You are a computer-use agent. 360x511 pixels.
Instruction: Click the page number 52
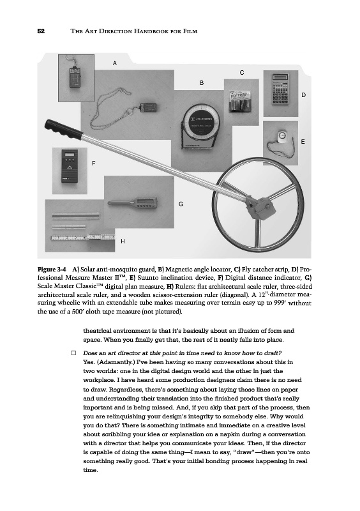click(x=41, y=31)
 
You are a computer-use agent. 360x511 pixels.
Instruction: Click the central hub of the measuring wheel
click(x=260, y=207)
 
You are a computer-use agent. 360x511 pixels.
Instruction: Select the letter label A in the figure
click(x=114, y=63)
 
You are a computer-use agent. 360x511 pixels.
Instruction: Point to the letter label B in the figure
click(x=202, y=83)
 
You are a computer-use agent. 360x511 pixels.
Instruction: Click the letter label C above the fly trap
click(x=242, y=73)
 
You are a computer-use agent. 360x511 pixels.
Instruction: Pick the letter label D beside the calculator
click(x=303, y=95)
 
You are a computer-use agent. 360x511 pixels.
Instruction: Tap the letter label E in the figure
click(x=303, y=142)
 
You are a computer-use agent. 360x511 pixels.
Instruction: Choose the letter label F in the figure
click(x=93, y=163)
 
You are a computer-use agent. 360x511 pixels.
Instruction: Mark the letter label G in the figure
click(x=181, y=204)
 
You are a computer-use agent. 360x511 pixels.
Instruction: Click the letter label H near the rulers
click(x=123, y=241)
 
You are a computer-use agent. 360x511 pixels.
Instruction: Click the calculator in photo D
click(x=280, y=89)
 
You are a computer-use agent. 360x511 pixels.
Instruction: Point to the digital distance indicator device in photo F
click(x=70, y=165)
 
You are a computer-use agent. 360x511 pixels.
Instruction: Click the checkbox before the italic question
click(x=73, y=353)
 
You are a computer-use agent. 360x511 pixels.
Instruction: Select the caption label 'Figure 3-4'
click(x=52, y=269)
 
